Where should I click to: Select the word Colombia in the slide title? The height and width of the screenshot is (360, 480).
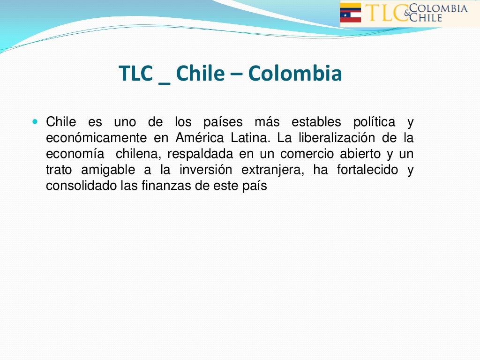295,74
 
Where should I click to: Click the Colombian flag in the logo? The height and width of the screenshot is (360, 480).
350,7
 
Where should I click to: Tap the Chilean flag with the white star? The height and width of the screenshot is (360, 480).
350,17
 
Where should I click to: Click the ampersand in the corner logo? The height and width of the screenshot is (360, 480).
406,13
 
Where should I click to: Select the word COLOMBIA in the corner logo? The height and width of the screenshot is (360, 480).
438,8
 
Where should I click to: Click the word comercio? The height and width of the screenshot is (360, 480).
307,154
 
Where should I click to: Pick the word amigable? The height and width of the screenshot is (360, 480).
108,170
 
